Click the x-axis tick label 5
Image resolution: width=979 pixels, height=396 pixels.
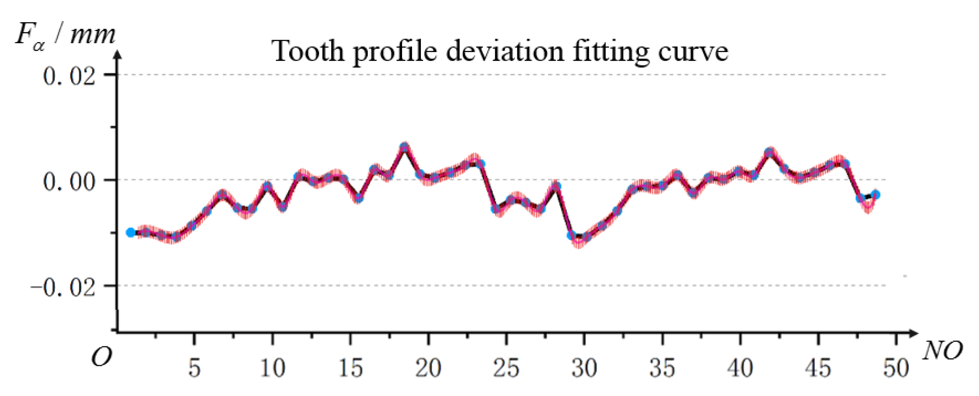[194, 368]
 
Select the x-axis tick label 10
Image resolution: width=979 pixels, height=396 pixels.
[272, 368]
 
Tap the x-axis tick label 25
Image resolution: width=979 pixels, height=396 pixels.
[506, 368]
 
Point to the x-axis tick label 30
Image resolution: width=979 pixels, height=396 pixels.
[584, 368]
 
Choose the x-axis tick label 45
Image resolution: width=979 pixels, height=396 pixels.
[818, 368]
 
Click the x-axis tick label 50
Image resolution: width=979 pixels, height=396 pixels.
[896, 368]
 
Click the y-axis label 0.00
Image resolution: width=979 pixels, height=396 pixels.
[69, 181]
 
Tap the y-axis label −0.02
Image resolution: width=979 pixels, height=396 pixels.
[63, 287]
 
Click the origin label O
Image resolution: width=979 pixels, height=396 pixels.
[101, 356]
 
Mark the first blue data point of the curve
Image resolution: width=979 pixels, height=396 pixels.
[130, 232]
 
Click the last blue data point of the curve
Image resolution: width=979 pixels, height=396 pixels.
[875, 195]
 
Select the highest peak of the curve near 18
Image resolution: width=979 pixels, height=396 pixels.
[404, 147]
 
